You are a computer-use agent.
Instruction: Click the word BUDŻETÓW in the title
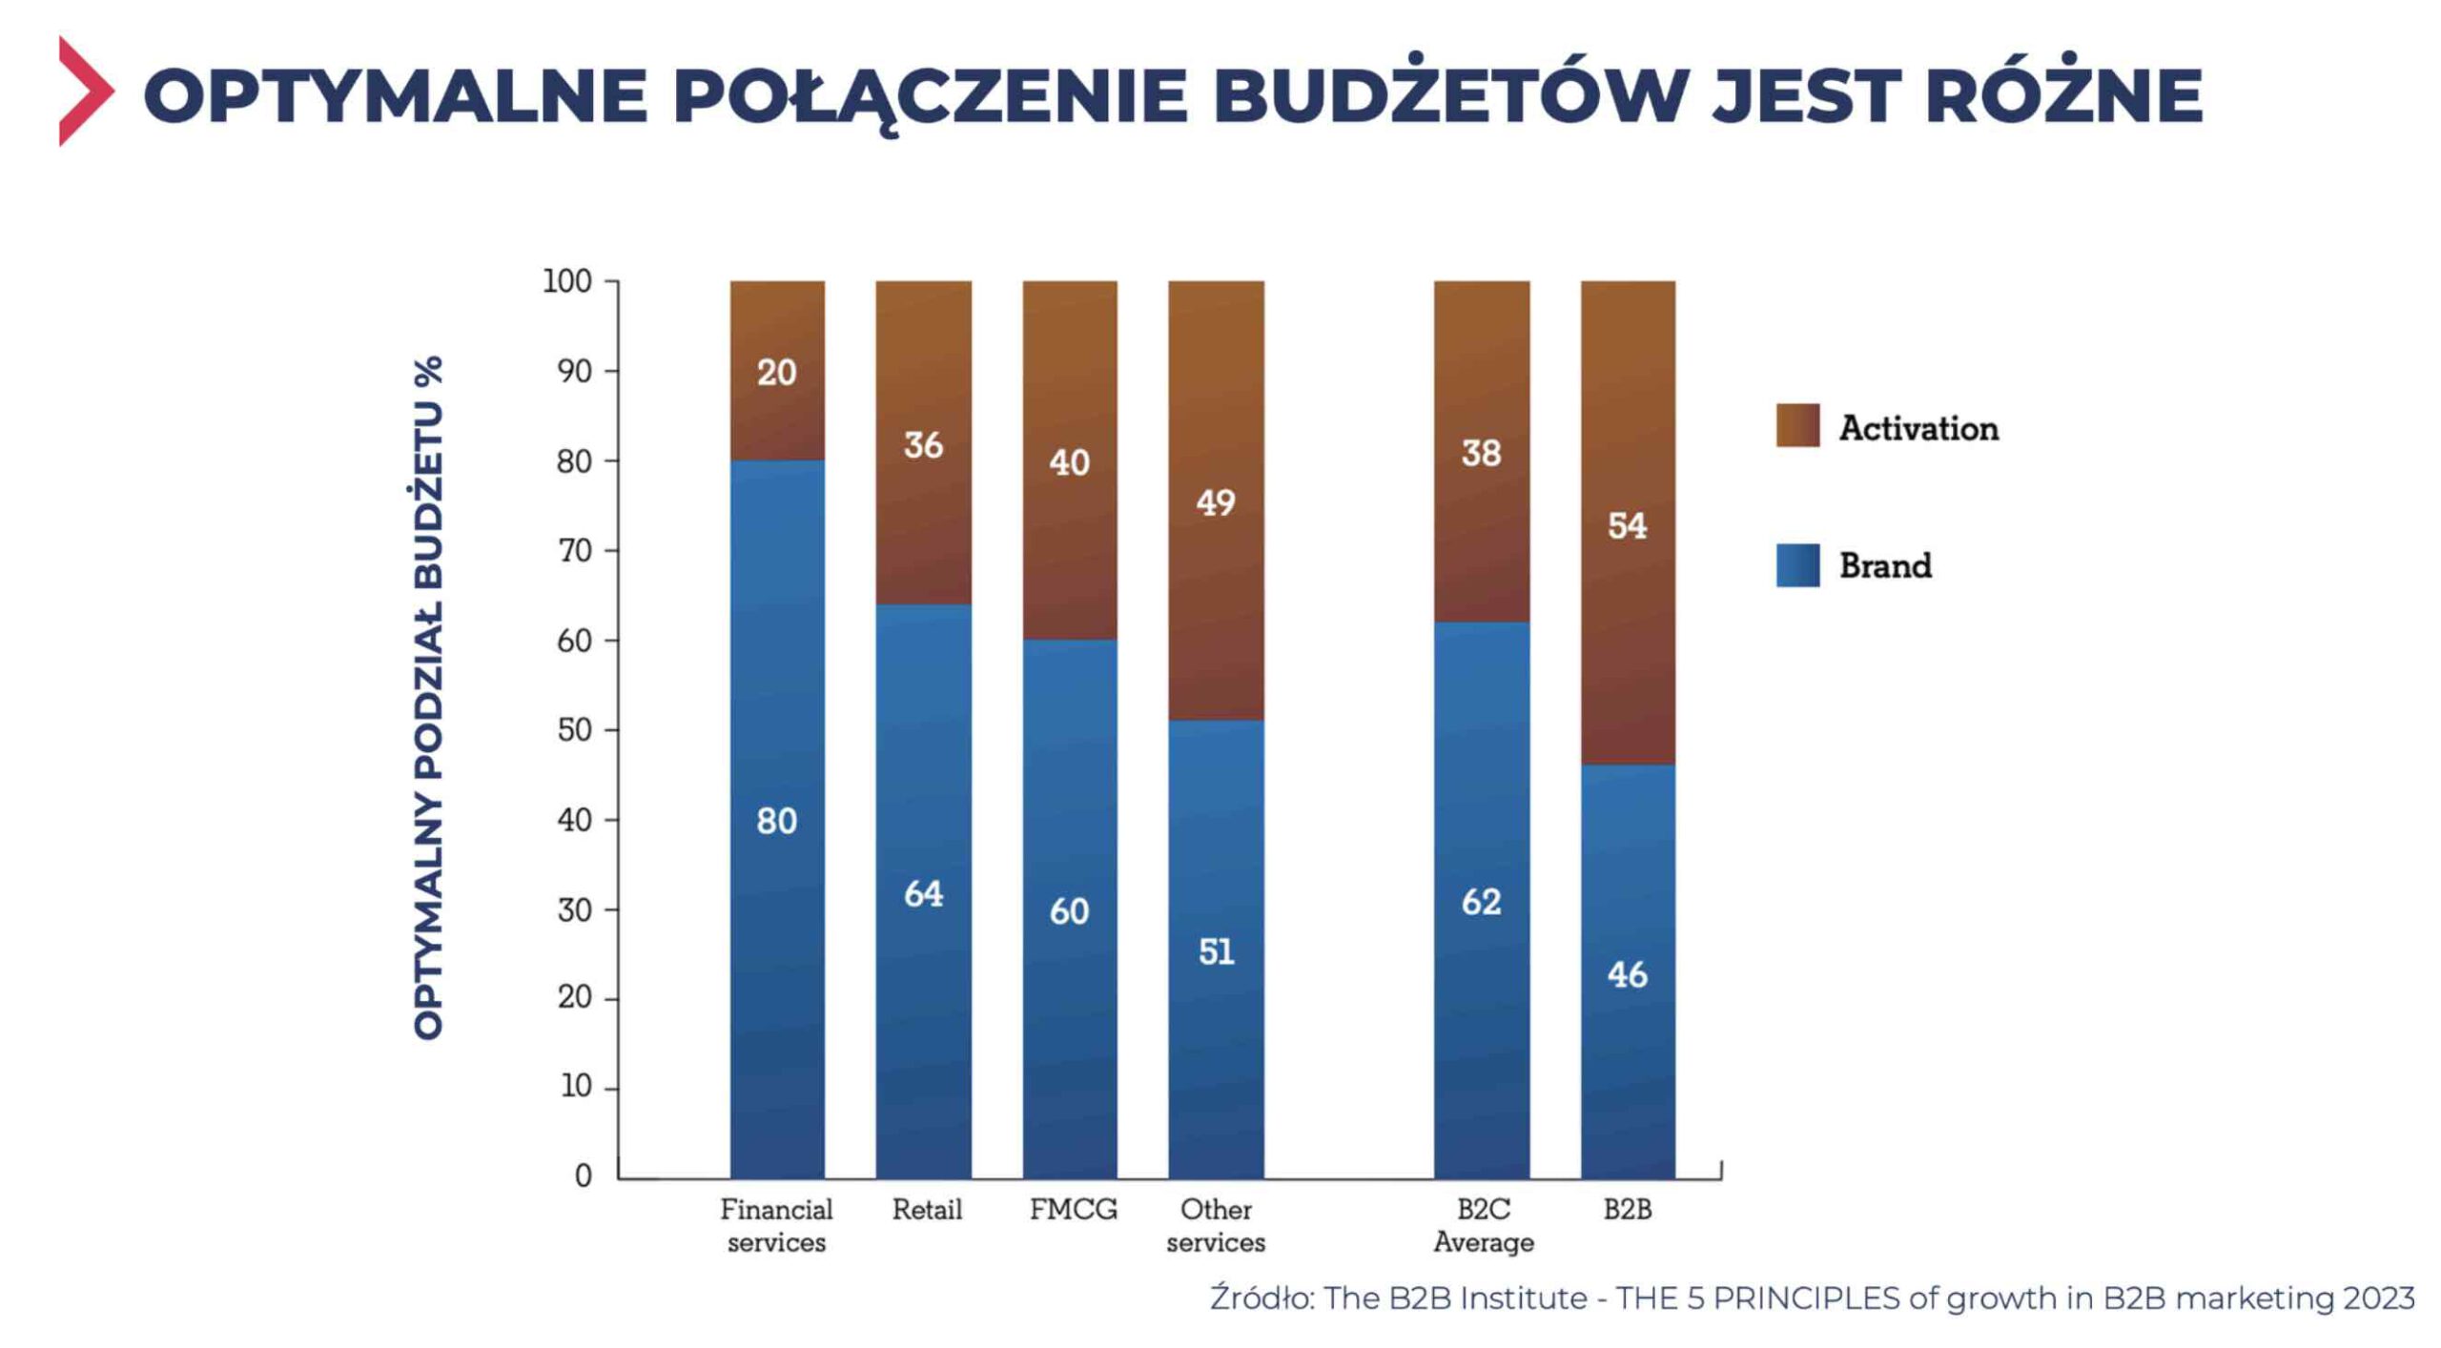(1449, 95)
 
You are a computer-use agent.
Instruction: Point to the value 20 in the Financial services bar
(776, 373)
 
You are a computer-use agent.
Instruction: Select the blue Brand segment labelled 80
(776, 821)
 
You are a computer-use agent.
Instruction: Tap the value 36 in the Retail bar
(923, 445)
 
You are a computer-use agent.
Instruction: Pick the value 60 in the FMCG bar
(1069, 911)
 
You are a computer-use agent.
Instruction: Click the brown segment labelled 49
(1216, 502)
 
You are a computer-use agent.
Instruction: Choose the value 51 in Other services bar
(1216, 951)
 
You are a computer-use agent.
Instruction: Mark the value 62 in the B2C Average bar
(1481, 902)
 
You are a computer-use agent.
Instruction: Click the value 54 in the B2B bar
(1627, 525)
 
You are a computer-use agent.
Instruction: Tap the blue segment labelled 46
(1627, 974)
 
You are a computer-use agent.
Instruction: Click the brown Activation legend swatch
(1797, 425)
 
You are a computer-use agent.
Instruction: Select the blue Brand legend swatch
(1797, 565)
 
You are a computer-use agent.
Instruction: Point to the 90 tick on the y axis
(575, 371)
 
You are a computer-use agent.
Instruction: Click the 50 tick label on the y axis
(575, 730)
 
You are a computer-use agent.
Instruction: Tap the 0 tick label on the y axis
(583, 1175)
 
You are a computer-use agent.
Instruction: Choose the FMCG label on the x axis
(1073, 1210)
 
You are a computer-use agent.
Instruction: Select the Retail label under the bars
(927, 1210)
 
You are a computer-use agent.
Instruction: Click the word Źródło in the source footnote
(1261, 1298)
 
